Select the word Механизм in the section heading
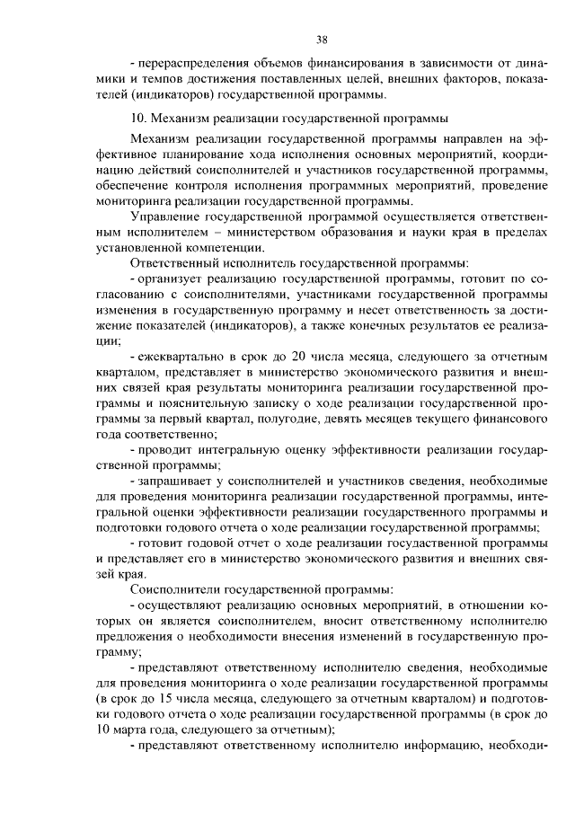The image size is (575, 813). point(179,118)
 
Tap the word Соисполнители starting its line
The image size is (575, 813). point(177,589)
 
